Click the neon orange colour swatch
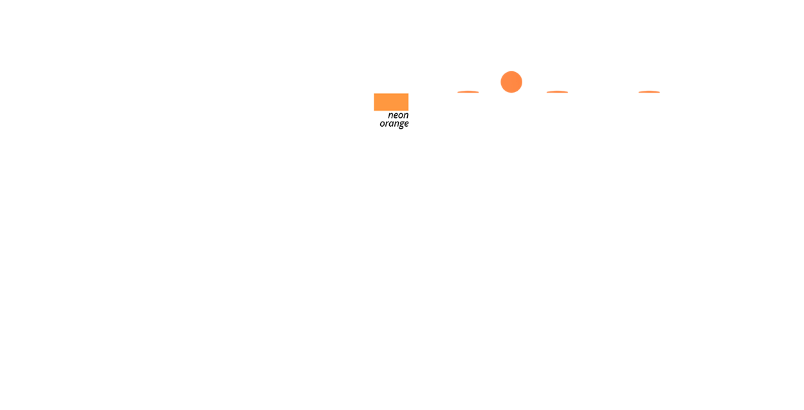coord(391,102)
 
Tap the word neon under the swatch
coord(398,115)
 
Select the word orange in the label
coord(394,124)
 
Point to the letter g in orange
coord(400,124)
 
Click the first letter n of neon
coord(390,115)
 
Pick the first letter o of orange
coord(382,124)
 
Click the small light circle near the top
coord(512,83)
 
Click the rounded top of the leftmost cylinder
coord(468,94)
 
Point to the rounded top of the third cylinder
coord(557,94)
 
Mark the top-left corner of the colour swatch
coord(374,94)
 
